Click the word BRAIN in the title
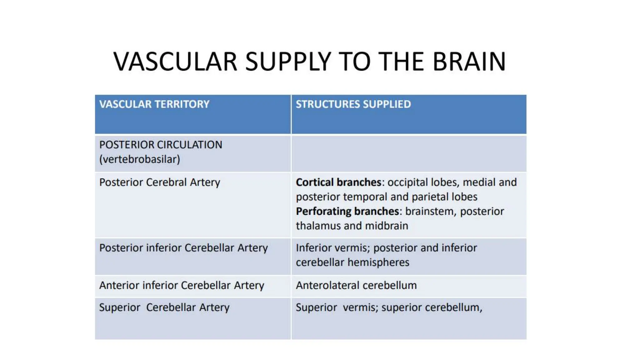click(469, 62)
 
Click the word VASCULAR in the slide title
click(175, 62)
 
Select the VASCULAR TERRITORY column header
click(154, 104)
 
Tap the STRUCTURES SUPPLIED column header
click(353, 104)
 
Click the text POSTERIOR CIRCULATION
click(161, 145)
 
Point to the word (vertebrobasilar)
click(140, 159)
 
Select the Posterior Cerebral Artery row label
click(160, 182)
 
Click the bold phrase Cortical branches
click(338, 182)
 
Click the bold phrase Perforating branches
click(347, 211)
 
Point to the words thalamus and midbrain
click(352, 226)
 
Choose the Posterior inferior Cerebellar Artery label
click(183, 248)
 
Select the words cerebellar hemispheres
click(352, 262)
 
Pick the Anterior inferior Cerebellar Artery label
click(182, 285)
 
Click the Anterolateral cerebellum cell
click(356, 285)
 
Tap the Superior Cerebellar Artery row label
click(164, 307)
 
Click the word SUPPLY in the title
click(288, 62)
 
